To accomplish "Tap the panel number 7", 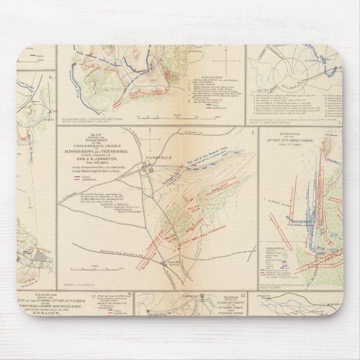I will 253,133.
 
